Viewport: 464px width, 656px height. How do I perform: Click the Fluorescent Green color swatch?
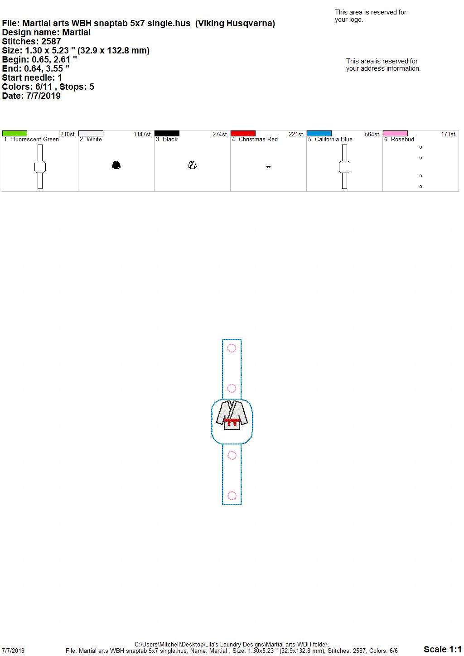(14, 134)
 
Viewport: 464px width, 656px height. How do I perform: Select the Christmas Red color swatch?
(243, 134)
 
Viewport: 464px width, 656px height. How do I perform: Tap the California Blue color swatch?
(319, 134)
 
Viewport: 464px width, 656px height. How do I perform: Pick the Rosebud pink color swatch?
(395, 134)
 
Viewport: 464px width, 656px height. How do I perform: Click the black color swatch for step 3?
(167, 134)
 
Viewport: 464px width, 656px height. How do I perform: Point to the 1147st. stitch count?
(143, 134)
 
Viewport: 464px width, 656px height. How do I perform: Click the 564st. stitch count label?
(372, 134)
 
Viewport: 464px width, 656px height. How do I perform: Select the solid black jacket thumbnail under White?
(116, 165)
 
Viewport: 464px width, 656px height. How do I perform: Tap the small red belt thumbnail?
(268, 167)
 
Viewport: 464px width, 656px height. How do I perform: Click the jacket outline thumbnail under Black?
(192, 165)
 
